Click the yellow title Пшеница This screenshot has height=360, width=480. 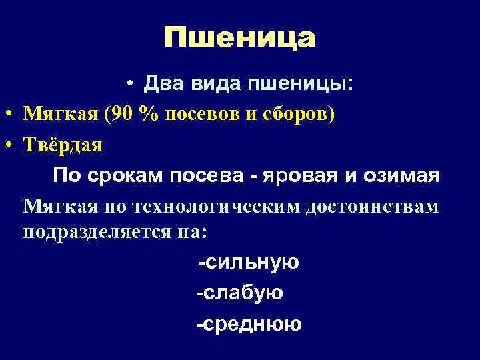[239, 38]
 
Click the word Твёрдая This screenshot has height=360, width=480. [63, 145]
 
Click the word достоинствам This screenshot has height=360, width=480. [373, 206]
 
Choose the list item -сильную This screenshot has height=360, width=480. [249, 262]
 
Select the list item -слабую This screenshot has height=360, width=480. [239, 293]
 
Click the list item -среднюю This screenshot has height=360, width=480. [249, 324]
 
